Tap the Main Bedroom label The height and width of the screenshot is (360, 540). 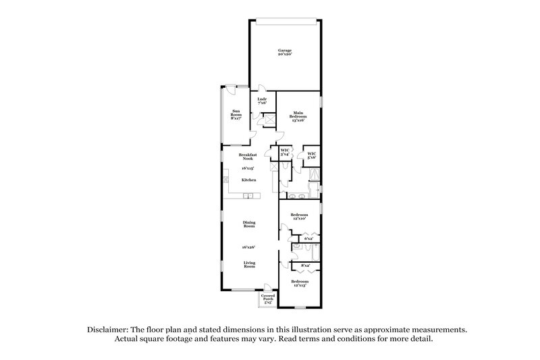(x=298, y=115)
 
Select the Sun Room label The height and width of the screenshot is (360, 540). (x=236, y=115)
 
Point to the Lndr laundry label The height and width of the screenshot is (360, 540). (x=262, y=101)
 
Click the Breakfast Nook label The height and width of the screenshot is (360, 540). (x=246, y=156)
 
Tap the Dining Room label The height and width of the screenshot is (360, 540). (x=249, y=225)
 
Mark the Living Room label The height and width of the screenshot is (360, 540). (x=249, y=265)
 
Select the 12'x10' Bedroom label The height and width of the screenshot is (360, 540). (x=299, y=217)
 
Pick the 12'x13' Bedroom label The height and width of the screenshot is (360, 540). (x=300, y=283)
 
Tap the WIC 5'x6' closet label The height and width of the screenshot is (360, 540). (x=311, y=155)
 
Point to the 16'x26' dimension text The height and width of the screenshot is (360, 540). (x=249, y=247)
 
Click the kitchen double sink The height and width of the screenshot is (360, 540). (x=248, y=197)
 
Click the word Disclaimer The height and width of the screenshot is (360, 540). (x=109, y=329)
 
